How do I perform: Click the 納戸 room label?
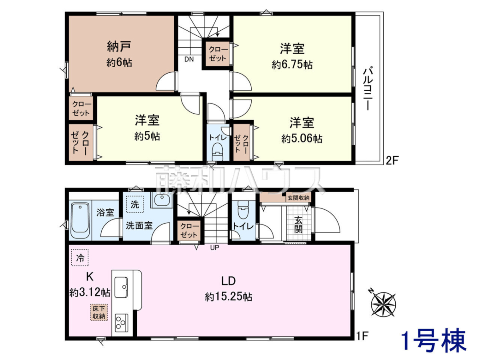pos(119,47)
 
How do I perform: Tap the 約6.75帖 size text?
pos(292,65)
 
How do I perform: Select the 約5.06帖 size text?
pos(302,139)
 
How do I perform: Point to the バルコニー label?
pos(368,89)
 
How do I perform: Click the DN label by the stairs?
pos(189,59)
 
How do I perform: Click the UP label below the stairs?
pos(214,248)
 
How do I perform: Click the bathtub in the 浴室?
pos(80,220)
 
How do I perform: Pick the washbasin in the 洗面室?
pos(162,200)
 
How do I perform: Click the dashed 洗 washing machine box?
pos(135,204)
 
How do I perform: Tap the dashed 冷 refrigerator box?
pos(80,258)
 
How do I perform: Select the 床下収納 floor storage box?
pos(99,312)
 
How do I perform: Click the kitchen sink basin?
pos(121,287)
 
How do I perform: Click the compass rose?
pos(383,304)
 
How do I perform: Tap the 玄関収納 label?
pos(298,198)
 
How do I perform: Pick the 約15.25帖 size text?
pos(228,297)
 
